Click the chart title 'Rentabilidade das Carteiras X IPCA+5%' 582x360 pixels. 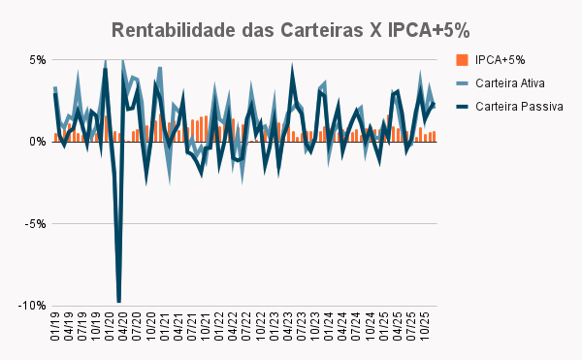(x=291, y=29)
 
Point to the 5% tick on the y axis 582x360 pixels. (x=38, y=59)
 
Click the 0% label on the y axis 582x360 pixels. (x=38, y=142)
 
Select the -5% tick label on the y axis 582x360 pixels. (x=36, y=223)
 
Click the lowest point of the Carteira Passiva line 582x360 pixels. (x=118, y=302)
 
